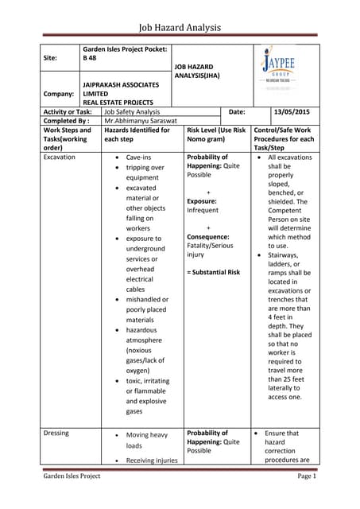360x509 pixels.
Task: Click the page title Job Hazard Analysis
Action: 179,28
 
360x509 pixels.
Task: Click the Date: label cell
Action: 236,112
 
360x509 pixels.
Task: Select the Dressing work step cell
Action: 56,433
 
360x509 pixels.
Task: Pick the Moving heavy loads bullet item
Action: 147,440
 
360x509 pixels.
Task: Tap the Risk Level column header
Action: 215,134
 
